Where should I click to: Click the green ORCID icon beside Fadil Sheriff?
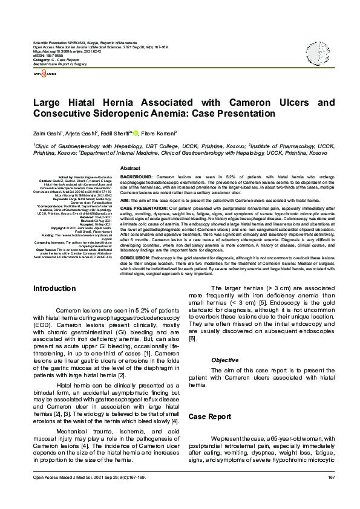coord(136,132)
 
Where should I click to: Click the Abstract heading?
coord(130,168)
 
